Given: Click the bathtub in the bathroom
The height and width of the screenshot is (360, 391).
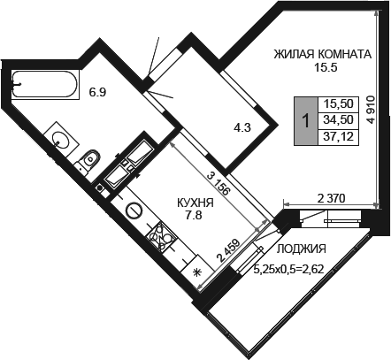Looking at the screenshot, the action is click(46, 84).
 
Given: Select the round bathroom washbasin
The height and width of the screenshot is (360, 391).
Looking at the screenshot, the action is click(62, 140).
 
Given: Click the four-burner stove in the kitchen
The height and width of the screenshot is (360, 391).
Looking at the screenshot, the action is click(161, 237).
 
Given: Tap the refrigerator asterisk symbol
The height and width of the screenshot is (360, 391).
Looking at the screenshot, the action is click(195, 272).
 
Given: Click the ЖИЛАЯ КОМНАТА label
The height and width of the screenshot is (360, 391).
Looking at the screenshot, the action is click(322, 55).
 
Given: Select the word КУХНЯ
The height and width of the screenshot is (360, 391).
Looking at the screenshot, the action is click(195, 203).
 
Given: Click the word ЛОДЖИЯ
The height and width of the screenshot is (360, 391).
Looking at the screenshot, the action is click(302, 249).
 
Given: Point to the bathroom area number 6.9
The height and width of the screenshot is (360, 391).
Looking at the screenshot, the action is click(97, 93).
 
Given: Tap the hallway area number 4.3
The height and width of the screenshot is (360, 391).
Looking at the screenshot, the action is click(242, 128).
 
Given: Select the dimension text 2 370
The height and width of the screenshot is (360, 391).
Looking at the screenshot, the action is click(331, 198).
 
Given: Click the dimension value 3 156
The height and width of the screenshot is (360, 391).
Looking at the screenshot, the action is click(218, 184).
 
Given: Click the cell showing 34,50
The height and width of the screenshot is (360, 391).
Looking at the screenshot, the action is click(339, 120).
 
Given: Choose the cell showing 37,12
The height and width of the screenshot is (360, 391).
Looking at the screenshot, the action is click(339, 137).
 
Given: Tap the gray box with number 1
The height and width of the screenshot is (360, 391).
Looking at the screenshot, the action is click(306, 121).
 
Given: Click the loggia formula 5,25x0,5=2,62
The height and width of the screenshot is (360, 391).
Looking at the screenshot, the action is click(289, 269).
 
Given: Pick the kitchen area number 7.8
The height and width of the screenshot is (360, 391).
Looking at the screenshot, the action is click(194, 216).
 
